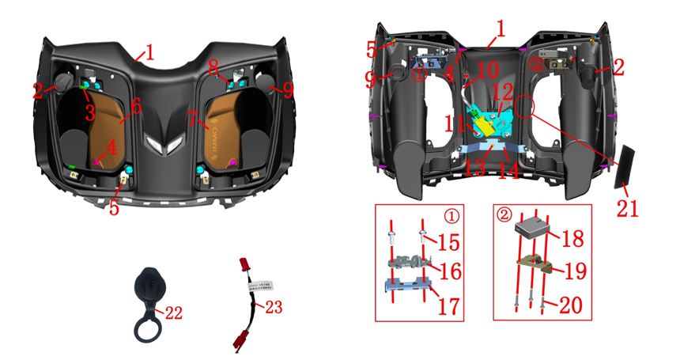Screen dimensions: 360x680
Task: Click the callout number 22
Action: (x=172, y=314)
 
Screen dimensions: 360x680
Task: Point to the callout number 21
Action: (x=629, y=208)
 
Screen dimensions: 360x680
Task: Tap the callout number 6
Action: (x=136, y=105)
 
